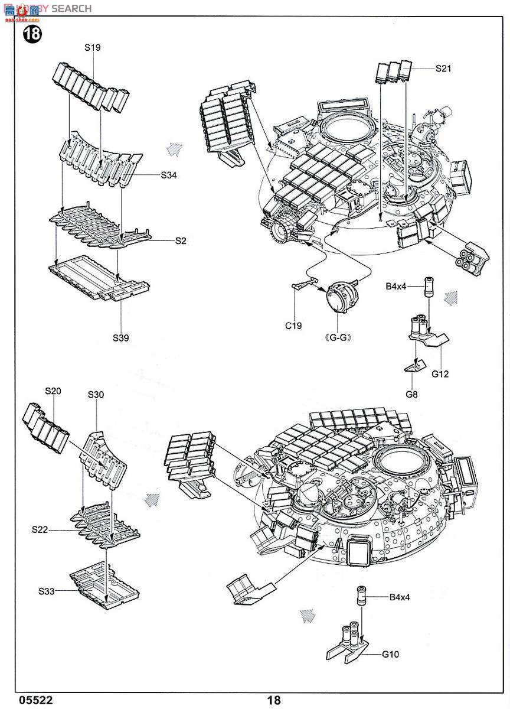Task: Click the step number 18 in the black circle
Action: [x=32, y=34]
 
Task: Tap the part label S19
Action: [x=92, y=48]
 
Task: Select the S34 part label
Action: [x=169, y=175]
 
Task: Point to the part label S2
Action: [x=180, y=241]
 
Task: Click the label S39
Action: [x=120, y=338]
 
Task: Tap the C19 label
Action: [x=293, y=325]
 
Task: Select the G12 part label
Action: [x=440, y=373]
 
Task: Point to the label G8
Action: [x=411, y=393]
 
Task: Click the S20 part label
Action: [x=53, y=391]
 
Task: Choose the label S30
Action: [x=96, y=395]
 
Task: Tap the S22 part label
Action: [x=40, y=530]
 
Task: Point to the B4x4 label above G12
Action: [x=398, y=287]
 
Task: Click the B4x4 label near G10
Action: [x=399, y=597]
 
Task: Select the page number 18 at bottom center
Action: [x=273, y=700]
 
